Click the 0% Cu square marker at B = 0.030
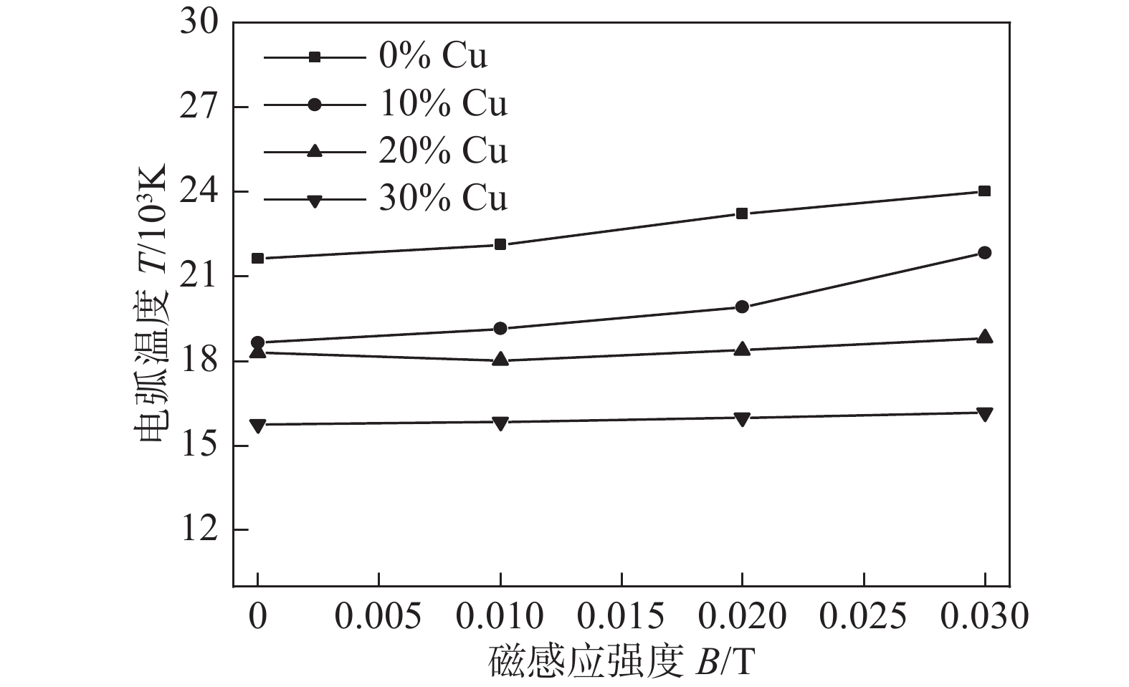(984, 191)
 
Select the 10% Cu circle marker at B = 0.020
(742, 307)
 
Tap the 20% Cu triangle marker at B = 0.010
(500, 360)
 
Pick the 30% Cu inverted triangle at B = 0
(258, 426)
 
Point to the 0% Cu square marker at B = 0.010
(500, 244)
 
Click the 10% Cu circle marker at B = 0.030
(984, 252)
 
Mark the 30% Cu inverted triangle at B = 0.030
(984, 413)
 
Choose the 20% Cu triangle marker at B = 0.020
(742, 349)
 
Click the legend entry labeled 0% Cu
(433, 57)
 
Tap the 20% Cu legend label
(443, 150)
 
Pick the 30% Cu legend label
(443, 198)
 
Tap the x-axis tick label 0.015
(621, 616)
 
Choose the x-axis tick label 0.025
(864, 616)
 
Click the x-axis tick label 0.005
(379, 616)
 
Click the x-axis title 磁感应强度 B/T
(621, 663)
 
